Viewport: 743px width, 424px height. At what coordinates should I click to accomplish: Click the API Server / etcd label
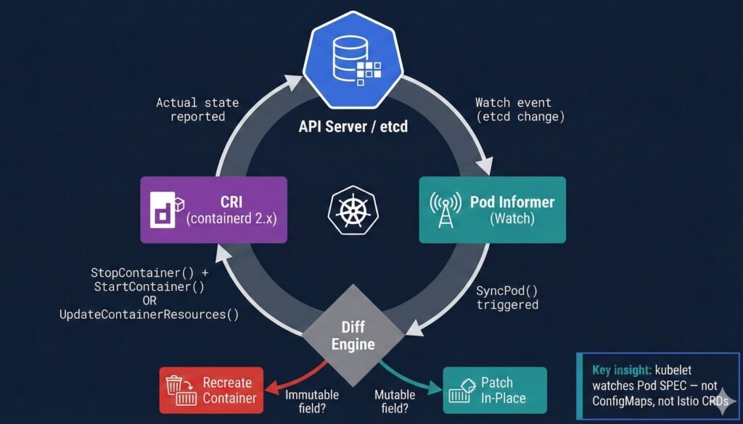[x=353, y=127]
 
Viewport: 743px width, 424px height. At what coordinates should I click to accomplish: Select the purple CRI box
[x=213, y=209]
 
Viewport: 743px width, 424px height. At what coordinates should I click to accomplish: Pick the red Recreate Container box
[x=209, y=390]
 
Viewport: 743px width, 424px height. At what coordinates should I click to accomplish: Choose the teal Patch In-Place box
[x=494, y=390]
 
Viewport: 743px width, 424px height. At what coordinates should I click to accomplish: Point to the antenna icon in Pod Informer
[x=444, y=209]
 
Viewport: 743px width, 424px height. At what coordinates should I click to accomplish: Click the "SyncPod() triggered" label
[x=507, y=297]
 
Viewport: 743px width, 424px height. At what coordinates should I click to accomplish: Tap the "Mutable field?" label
[x=395, y=401]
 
